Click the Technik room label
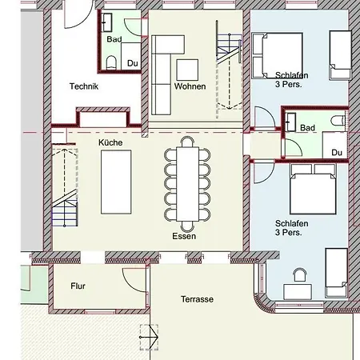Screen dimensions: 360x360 pos(84,86)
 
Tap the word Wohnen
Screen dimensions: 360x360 pos(190,86)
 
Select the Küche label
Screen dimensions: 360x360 pos(110,142)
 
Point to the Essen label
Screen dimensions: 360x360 pos(184,236)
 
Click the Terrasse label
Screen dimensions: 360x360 pos(197,299)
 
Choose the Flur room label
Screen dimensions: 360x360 pos(78,286)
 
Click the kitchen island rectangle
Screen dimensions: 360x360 pos(116,182)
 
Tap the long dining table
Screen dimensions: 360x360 pos(187,184)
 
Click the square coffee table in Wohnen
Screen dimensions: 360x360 pos(187,70)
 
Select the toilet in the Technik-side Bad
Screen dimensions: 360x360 pos(111,63)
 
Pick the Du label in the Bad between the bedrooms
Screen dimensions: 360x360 pos(337,153)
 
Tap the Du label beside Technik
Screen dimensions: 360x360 pos(133,63)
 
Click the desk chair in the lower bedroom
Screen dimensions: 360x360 pos(300,275)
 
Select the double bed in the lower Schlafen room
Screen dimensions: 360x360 pos(313,189)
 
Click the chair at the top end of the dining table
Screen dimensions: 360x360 pos(187,142)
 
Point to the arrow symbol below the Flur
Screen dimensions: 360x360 pos(150,338)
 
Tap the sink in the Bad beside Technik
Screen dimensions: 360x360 pos(106,22)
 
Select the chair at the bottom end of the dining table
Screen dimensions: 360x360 pos(187,226)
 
